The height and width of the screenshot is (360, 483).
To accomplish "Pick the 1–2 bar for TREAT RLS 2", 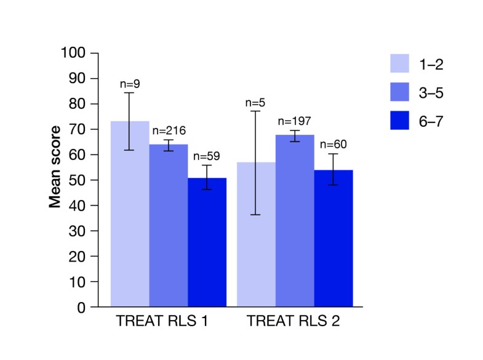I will click(256, 234).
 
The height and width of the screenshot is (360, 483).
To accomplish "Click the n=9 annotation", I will click(129, 84).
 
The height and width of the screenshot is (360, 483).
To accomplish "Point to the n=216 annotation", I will click(168, 130).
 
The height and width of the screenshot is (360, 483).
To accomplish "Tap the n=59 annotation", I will click(207, 156).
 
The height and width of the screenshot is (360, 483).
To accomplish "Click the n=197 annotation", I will click(295, 121).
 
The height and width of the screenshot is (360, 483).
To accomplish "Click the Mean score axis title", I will click(55, 167).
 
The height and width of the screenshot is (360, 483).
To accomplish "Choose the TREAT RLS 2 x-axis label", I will click(294, 321).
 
